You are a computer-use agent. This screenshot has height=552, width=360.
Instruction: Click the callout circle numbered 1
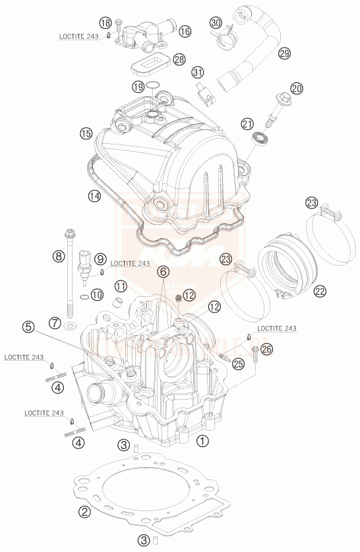(x=202, y=439)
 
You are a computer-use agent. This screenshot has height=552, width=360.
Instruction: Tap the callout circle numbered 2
(x=84, y=510)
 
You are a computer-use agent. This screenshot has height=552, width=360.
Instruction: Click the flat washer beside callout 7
(x=69, y=327)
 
